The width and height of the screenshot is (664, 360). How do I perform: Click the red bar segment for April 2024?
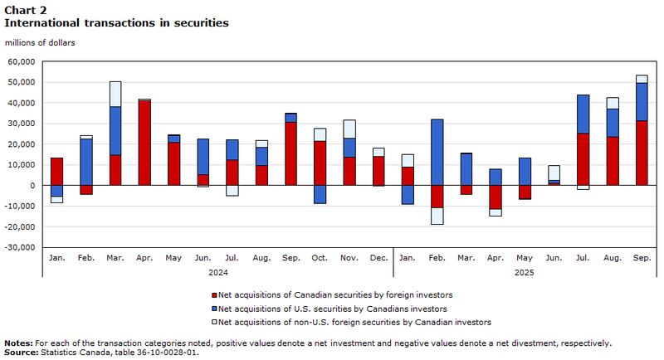tap(144, 143)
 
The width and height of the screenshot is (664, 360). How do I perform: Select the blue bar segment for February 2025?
tap(437, 153)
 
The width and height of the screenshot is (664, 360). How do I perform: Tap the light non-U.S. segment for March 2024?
tap(115, 94)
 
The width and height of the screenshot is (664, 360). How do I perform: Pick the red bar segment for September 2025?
tap(642, 153)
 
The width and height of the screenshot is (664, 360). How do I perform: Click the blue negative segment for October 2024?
tap(320, 194)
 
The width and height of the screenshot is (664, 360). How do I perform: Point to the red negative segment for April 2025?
tap(495, 197)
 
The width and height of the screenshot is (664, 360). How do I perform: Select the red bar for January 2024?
tap(56, 172)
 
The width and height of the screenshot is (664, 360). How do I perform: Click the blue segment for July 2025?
tap(583, 114)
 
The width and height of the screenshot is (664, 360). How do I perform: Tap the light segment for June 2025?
tap(554, 173)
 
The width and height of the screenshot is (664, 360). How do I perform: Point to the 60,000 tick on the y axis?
tap(22, 61)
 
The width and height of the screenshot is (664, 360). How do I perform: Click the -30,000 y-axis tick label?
tap(20, 247)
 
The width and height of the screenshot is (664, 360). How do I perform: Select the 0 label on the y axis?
tap(32, 186)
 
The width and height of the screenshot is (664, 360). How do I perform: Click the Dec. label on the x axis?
tap(378, 258)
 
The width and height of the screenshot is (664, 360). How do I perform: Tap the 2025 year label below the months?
tap(525, 273)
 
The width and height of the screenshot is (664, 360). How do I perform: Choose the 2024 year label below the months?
tap(218, 273)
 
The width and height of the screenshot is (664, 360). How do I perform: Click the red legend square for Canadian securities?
tap(214, 295)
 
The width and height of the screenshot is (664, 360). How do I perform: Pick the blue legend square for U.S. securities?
tap(214, 309)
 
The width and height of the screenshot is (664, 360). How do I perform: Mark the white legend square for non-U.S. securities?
tap(214, 323)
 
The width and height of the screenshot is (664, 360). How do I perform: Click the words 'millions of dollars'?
tap(40, 43)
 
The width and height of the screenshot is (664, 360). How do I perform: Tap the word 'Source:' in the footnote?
tap(22, 353)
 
